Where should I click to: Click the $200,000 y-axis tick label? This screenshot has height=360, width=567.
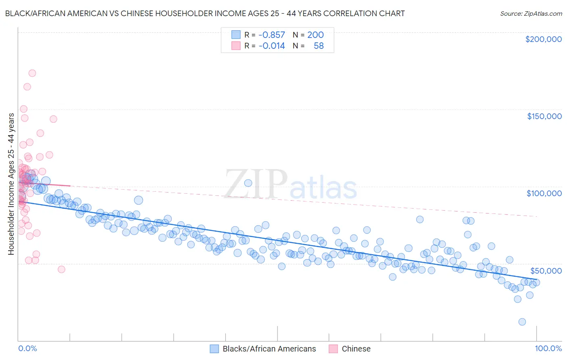pyautogui.click(x=543, y=39)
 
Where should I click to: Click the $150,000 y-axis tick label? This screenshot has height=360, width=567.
pyautogui.click(x=544, y=116)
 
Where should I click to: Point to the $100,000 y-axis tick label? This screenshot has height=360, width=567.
pyautogui.click(x=544, y=193)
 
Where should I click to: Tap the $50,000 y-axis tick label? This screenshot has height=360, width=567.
pyautogui.click(x=546, y=270)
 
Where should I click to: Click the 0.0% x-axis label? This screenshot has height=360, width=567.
pyautogui.click(x=27, y=348)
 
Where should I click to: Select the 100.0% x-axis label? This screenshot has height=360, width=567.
pyautogui.click(x=548, y=348)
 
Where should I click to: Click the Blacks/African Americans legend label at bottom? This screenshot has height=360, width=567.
pyautogui.click(x=269, y=349)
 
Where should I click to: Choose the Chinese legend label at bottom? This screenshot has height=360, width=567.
pyautogui.click(x=356, y=349)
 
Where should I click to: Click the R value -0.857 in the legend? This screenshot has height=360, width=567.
pyautogui.click(x=271, y=35)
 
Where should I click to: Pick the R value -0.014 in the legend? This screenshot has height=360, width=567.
pyautogui.click(x=271, y=46)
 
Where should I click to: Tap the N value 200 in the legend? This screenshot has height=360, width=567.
pyautogui.click(x=315, y=35)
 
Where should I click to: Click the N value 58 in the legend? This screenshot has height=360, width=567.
pyautogui.click(x=319, y=46)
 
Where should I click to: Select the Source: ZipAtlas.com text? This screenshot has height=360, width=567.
pyautogui.click(x=531, y=13)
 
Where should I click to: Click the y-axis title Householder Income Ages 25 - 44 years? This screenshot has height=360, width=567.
pyautogui.click(x=11, y=184)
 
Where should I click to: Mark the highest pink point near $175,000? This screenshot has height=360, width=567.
pyautogui.click(x=32, y=73)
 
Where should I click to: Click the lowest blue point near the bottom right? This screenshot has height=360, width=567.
pyautogui.click(x=522, y=322)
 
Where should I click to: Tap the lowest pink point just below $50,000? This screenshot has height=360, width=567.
pyautogui.click(x=61, y=269)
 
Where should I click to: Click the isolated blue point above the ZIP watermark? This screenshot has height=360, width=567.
pyautogui.click(x=248, y=183)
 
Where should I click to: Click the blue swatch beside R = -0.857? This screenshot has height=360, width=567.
pyautogui.click(x=236, y=35)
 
